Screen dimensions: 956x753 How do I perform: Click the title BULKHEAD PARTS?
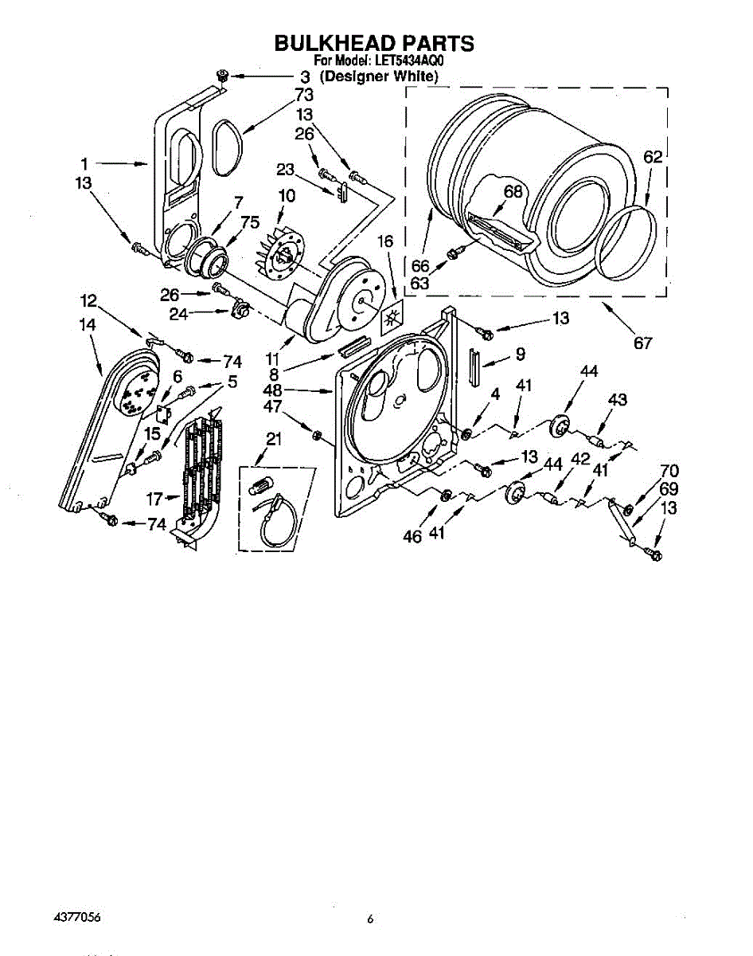pos(373,43)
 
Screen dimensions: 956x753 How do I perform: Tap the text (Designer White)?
pos(378,76)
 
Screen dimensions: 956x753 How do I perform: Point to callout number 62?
pos(653,158)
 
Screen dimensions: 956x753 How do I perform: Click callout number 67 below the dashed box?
pos(642,343)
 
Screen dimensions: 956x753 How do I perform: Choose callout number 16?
pos(386,241)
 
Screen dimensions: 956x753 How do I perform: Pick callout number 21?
pos(274,438)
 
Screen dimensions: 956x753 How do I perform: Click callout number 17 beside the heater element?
pos(154,500)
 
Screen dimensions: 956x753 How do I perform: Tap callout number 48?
pos(272,391)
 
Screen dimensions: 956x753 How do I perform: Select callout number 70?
pos(669,470)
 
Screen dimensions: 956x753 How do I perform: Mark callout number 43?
pos(618,399)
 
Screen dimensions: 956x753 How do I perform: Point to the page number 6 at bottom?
pos(370,919)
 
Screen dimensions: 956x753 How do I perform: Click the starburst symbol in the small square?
pos(391,320)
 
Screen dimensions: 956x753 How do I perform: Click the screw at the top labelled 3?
pos(223,75)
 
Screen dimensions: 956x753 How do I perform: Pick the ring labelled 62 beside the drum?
pos(633,238)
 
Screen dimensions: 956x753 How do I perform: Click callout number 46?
pos(412,536)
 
